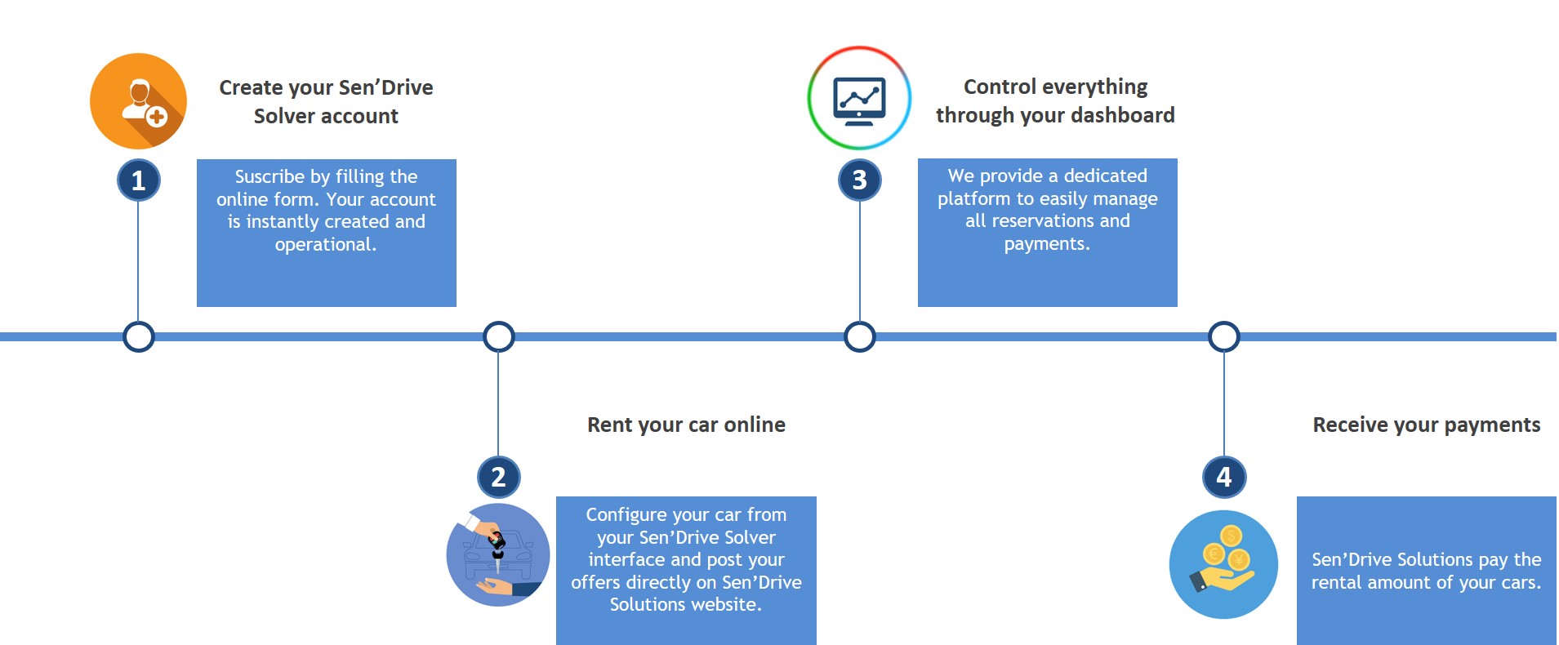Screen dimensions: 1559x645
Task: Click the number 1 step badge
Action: click(x=138, y=180)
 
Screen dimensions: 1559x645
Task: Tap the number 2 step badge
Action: click(x=498, y=477)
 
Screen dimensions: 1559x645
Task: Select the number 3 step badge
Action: click(x=859, y=180)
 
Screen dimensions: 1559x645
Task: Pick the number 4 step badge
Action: click(x=1223, y=477)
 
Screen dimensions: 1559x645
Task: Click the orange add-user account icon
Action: click(x=138, y=101)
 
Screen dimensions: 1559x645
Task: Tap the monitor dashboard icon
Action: click(x=859, y=98)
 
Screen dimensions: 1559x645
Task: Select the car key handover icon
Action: click(x=498, y=555)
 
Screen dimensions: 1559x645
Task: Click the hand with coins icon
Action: click(x=1223, y=564)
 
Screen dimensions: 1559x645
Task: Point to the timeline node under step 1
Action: click(x=138, y=336)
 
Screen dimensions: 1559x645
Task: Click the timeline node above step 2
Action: click(x=498, y=336)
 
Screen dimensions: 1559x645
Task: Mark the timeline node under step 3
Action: click(x=859, y=336)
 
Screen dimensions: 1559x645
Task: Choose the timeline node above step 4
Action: click(x=1223, y=336)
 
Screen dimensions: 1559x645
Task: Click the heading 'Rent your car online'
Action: click(x=686, y=425)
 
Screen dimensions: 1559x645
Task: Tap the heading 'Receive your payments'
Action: click(x=1427, y=425)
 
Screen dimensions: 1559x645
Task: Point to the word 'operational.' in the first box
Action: click(x=326, y=244)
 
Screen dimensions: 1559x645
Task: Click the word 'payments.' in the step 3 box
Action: click(x=1047, y=243)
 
